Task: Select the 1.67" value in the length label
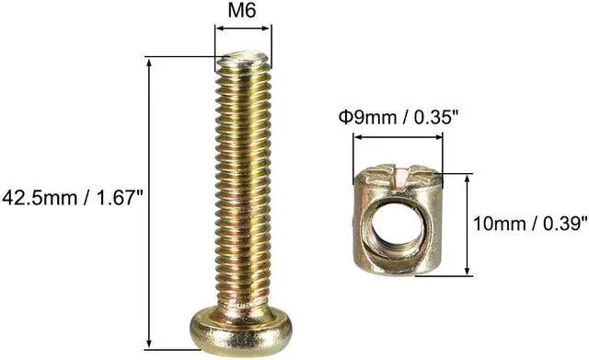(119, 197)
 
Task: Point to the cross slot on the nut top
(398, 172)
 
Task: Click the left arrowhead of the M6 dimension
(218, 29)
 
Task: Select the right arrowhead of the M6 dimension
(268, 29)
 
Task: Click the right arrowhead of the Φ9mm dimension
(440, 138)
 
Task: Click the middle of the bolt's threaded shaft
(243, 184)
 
